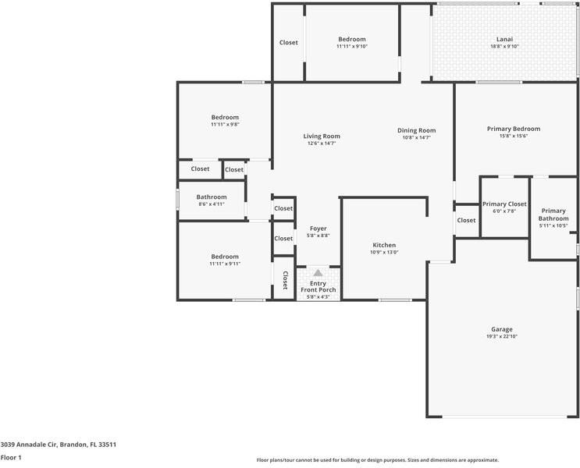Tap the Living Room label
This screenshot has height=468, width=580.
322,136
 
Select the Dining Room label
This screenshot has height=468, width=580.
416,130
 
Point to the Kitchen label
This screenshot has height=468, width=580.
384,245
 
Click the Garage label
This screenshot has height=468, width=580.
502,329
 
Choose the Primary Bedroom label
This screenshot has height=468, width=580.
513,129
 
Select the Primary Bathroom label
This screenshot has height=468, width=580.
553,214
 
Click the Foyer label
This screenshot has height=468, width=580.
318,229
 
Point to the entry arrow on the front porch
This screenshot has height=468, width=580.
318,273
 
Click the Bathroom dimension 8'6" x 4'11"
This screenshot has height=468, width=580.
211,204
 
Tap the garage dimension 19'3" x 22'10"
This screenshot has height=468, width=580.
502,337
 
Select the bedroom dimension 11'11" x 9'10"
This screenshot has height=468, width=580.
351,47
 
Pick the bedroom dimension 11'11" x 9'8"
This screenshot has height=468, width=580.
225,125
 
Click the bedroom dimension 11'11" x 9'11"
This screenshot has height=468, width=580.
225,264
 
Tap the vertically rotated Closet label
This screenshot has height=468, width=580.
285,281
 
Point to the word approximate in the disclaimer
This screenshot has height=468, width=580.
480,460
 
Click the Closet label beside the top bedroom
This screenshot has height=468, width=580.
288,42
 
